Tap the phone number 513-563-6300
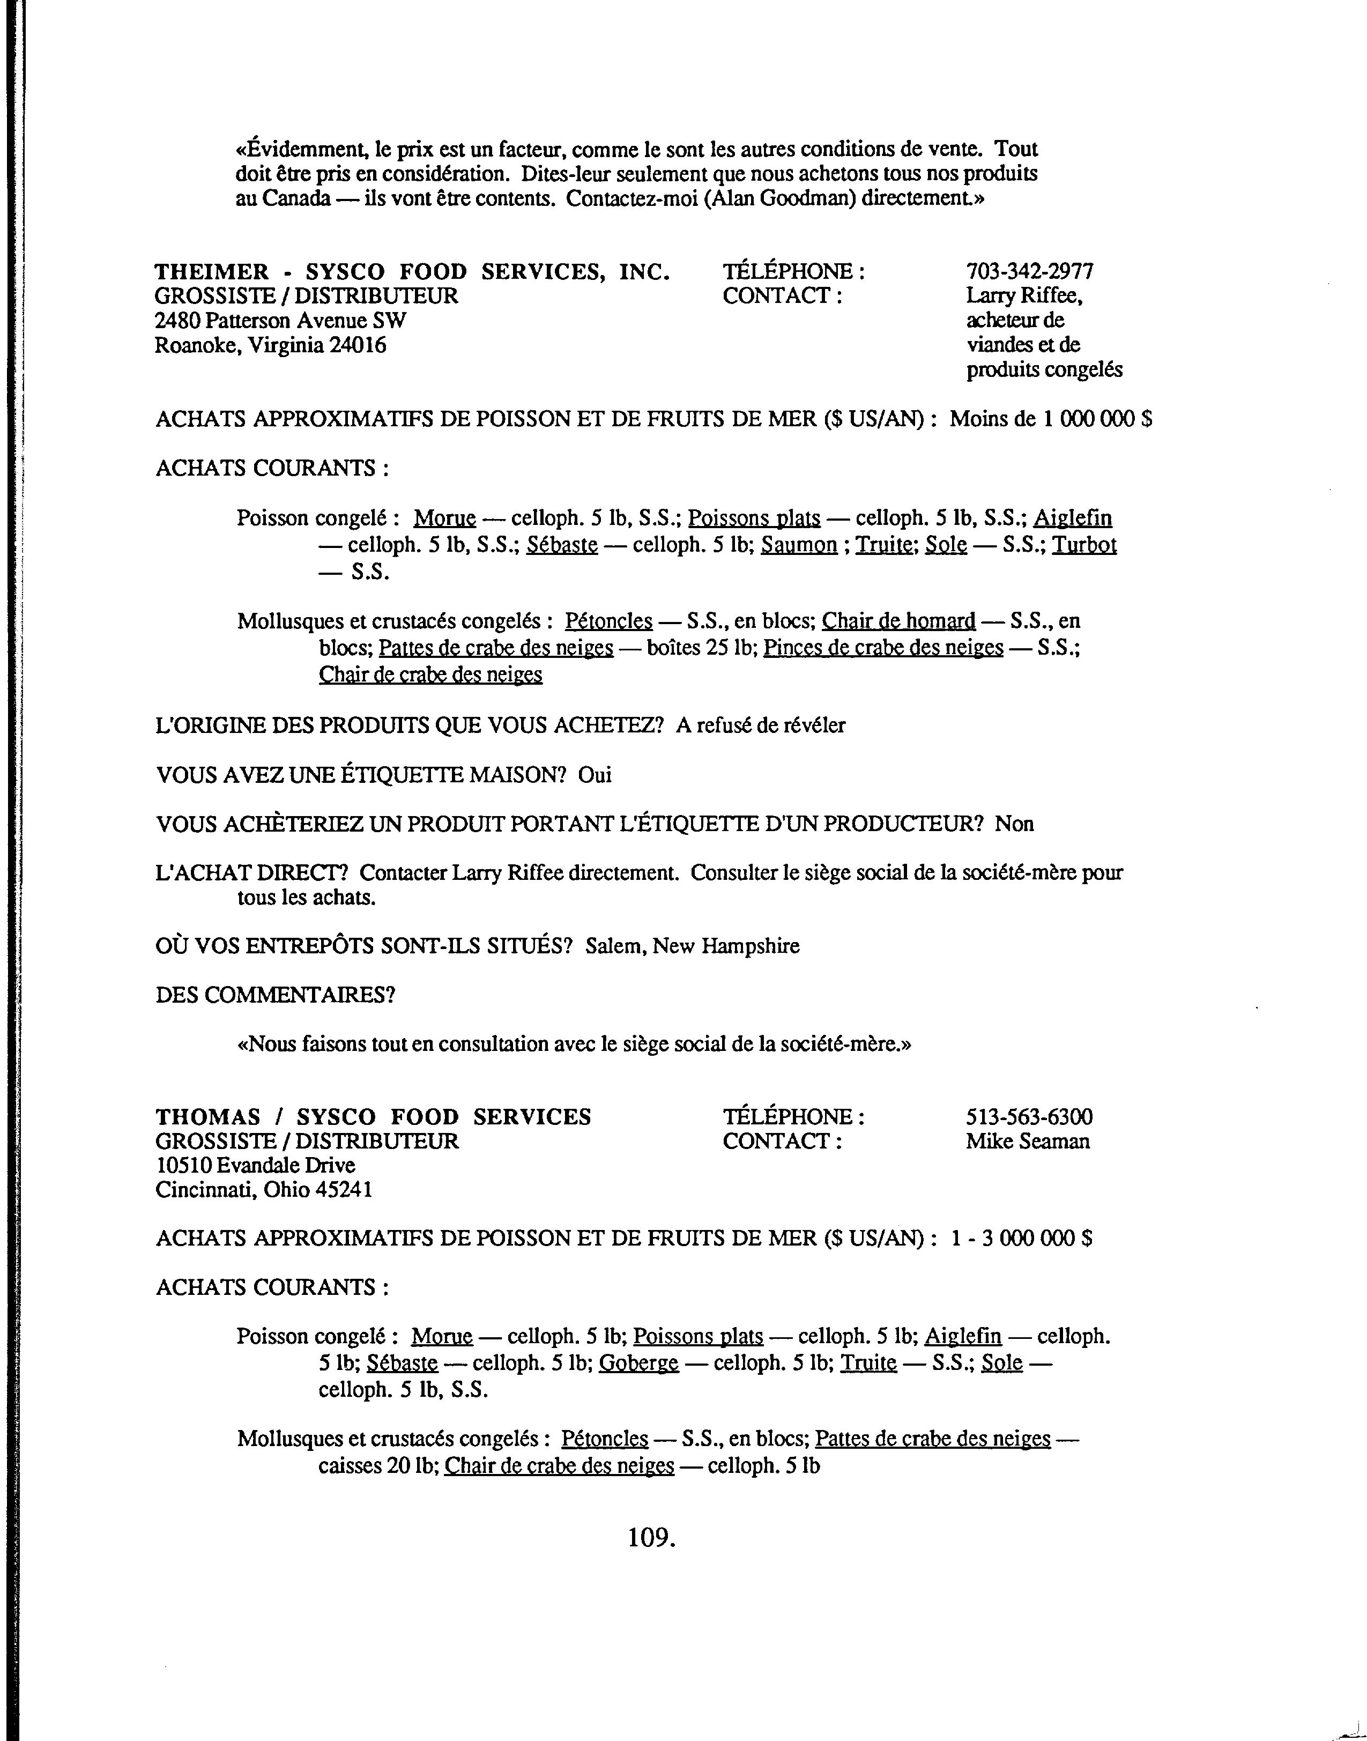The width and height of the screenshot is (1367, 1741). [x=1028, y=1117]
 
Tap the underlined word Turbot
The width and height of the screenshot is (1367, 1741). [x=1083, y=545]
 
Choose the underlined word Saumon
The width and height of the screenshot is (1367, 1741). [x=799, y=545]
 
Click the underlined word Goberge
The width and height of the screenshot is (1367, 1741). [x=638, y=1362]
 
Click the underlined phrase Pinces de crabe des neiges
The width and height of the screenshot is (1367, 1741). [x=883, y=648]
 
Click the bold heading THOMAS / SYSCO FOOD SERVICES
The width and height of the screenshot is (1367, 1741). [x=373, y=1117]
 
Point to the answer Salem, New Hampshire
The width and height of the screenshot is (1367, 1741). [x=692, y=946]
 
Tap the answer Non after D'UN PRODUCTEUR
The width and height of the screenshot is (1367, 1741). [x=1014, y=824]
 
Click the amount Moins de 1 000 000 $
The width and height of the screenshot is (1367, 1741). [x=1050, y=419]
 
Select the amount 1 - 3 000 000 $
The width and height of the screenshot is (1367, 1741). [x=1021, y=1238]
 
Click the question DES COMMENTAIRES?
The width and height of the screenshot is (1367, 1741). [x=276, y=995]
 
